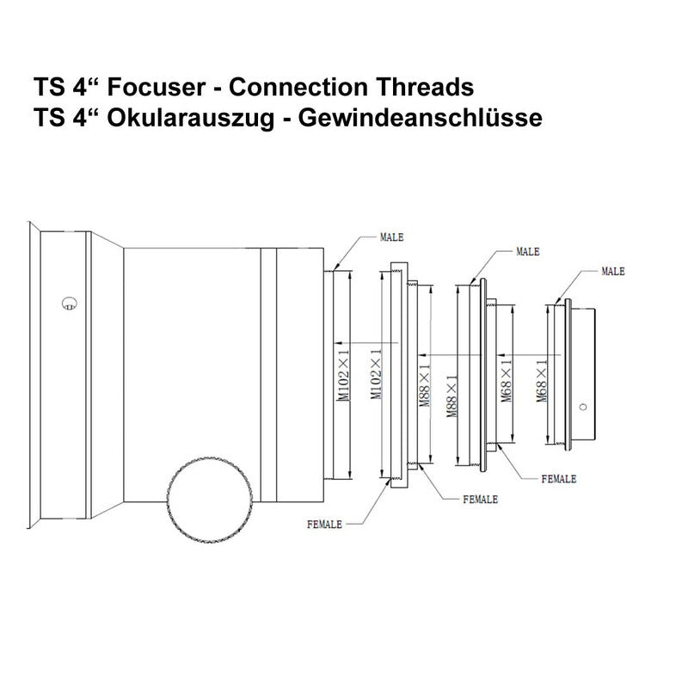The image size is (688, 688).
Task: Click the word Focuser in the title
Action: tap(157, 87)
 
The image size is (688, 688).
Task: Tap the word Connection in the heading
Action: tap(298, 87)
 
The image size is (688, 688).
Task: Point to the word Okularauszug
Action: tap(191, 119)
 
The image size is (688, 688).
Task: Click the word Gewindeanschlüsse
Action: tap(421, 119)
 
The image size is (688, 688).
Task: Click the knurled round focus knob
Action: tap(210, 499)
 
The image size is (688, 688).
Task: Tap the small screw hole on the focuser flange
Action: tap(70, 304)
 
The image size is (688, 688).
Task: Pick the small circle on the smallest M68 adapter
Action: tap(583, 407)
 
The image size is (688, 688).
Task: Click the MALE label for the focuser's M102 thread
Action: tap(391, 237)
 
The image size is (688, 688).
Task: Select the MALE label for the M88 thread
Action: tap(528, 252)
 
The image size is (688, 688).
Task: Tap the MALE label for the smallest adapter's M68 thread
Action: tap(613, 272)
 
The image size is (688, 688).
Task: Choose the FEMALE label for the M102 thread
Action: tap(324, 525)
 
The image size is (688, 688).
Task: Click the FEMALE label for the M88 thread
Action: tap(481, 500)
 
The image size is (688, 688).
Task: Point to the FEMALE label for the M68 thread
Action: tap(558, 479)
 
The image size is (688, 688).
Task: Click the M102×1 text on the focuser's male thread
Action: tap(343, 375)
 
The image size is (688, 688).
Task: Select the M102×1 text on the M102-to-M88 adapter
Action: tap(376, 374)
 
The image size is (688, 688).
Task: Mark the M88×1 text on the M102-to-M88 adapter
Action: tap(424, 384)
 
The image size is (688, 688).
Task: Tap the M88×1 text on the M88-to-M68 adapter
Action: tap(452, 396)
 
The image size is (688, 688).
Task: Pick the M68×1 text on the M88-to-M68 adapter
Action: tap(507, 380)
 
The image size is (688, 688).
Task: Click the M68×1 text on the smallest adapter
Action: tap(542, 380)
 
